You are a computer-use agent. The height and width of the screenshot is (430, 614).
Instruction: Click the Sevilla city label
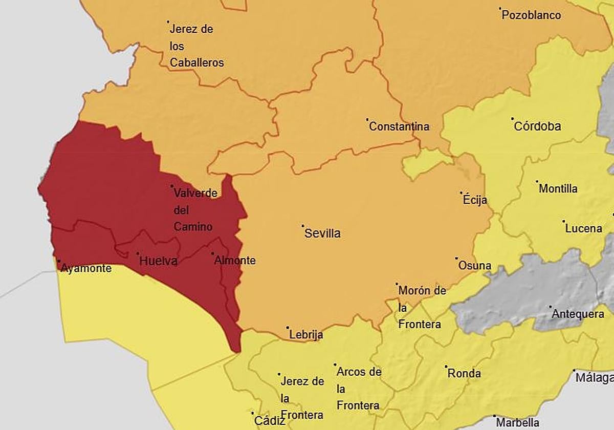(322, 233)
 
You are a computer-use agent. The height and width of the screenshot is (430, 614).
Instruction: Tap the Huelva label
(159, 261)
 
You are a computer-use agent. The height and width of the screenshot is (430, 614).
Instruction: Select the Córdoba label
(537, 126)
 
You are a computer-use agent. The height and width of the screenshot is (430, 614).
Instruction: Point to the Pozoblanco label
(531, 15)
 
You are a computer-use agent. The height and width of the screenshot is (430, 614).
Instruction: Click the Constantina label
(399, 126)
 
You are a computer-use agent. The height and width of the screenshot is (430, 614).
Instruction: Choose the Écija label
(475, 200)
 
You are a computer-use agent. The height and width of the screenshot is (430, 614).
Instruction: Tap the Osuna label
(475, 265)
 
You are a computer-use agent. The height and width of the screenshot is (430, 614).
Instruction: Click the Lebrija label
(306, 335)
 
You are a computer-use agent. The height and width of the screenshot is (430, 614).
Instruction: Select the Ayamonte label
(86, 268)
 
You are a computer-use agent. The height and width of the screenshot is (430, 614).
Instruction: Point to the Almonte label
(235, 261)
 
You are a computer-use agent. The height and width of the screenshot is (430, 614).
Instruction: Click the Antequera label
(578, 314)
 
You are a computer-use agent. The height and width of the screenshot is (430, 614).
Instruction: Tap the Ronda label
(464, 373)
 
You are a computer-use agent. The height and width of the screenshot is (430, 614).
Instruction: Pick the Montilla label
(558, 188)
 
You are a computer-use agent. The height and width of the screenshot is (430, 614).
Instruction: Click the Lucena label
(584, 228)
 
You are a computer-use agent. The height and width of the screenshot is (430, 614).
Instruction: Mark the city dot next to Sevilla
(302, 225)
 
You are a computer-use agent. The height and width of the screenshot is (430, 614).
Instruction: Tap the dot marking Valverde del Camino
(172, 186)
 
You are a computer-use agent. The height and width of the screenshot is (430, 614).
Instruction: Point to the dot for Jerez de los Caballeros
(168, 21)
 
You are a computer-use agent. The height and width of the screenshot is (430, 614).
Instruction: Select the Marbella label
(517, 423)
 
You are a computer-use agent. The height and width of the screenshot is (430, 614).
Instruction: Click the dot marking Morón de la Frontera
(397, 284)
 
